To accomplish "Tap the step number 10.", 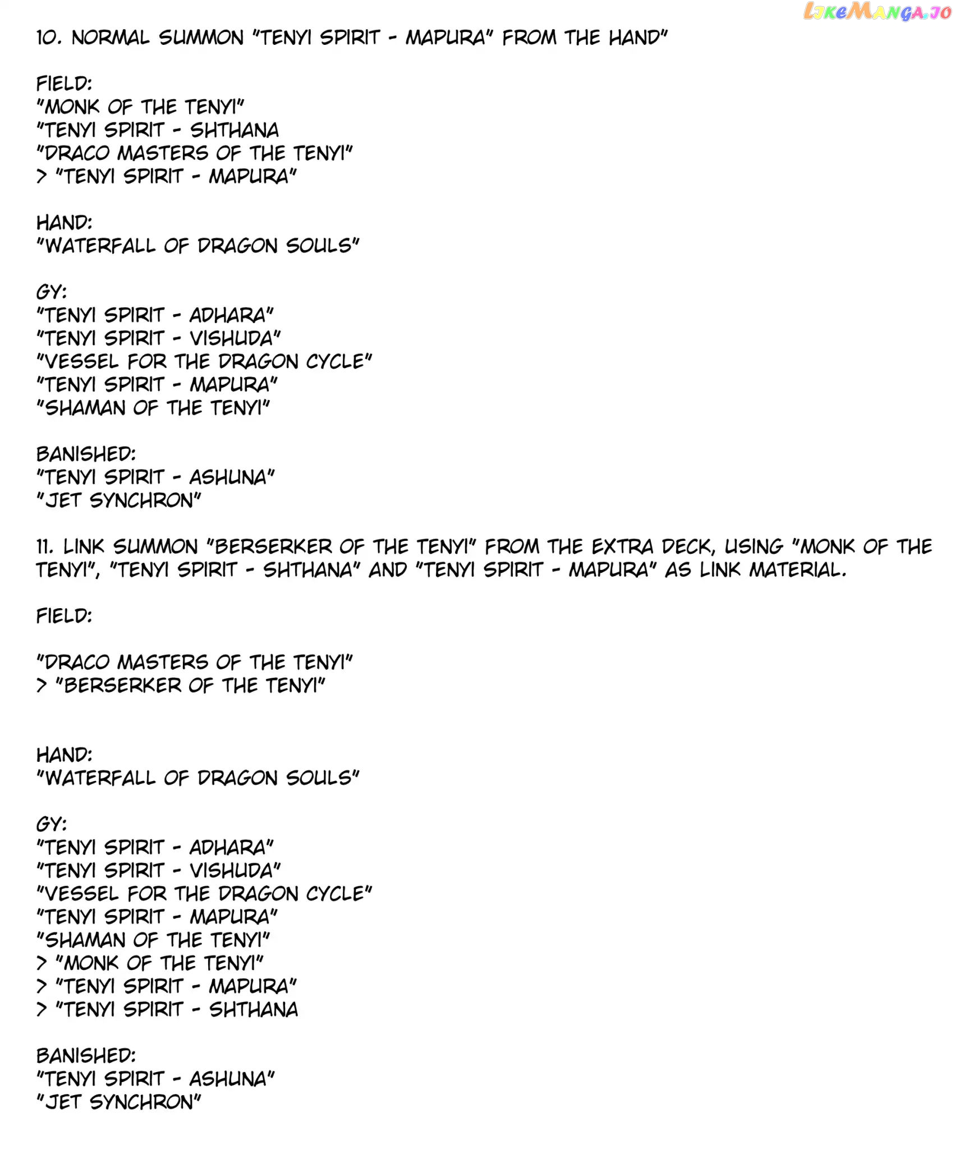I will [49, 38].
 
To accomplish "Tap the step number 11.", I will [45, 547].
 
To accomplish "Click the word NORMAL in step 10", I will [111, 38].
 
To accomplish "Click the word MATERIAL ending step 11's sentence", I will [797, 570].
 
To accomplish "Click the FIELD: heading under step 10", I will [64, 84].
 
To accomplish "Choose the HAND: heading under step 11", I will [64, 755].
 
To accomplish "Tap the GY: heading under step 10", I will [51, 292].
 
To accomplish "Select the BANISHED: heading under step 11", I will [86, 1056].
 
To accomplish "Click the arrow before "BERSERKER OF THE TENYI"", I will [42, 686].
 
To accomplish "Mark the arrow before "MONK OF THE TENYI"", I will [42, 963].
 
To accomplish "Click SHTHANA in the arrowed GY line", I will [253, 1010].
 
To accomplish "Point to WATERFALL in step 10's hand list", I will [100, 246].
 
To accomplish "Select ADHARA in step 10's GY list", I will [231, 315].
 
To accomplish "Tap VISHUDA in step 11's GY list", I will [235, 871].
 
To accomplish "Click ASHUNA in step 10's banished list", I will [231, 477].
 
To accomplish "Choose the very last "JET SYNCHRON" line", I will [118, 1102].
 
